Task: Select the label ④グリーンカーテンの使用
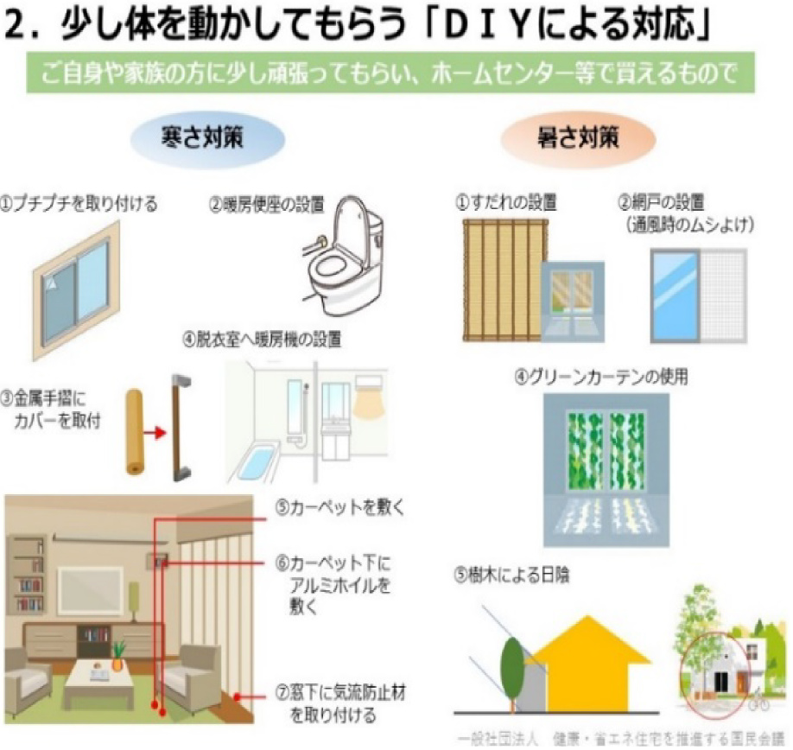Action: (x=601, y=378)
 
